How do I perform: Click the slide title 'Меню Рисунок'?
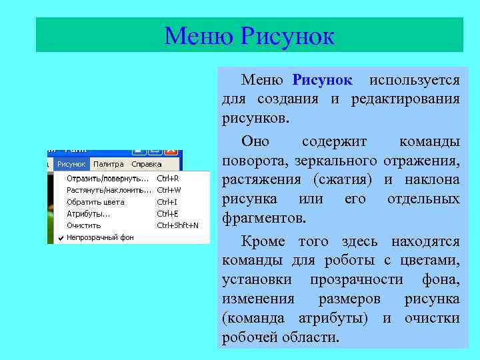coord(249,35)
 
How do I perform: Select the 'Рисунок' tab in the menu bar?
coord(71,164)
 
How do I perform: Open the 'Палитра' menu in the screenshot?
coord(108,164)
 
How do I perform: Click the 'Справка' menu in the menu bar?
coord(146,164)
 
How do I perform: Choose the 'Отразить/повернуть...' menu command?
coord(107,179)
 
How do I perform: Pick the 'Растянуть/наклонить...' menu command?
coord(109,190)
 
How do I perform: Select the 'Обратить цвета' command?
coord(95,202)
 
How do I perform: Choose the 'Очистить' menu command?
coord(84,225)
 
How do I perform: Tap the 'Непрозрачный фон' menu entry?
coord(100,237)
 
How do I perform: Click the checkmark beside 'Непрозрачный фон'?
coord(61,237)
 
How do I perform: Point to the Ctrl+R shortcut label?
coord(167,179)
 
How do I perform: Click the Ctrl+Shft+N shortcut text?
coord(177,225)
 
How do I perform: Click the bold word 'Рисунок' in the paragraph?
coord(322,81)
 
